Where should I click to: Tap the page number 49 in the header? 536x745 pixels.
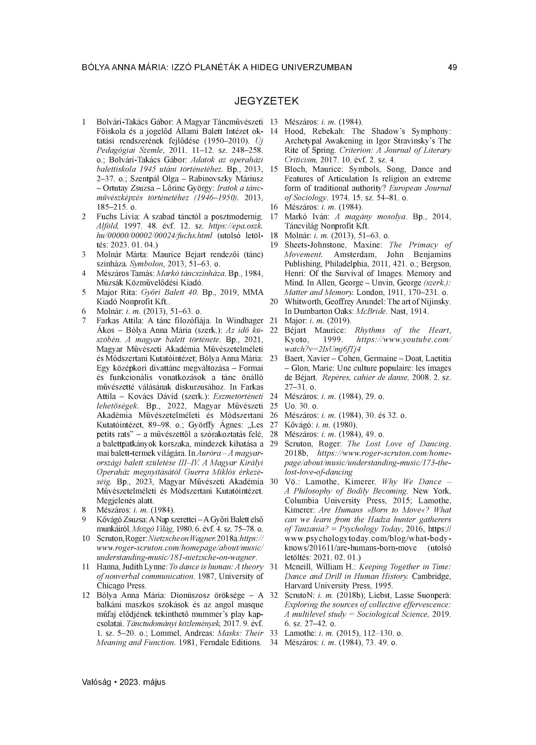tap(452, 67)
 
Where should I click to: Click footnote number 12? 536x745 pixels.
tap(86, 595)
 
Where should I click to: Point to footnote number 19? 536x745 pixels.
tap(274, 245)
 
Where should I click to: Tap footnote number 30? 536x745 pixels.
tap(274, 481)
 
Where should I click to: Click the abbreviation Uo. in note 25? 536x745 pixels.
tap(290, 406)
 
